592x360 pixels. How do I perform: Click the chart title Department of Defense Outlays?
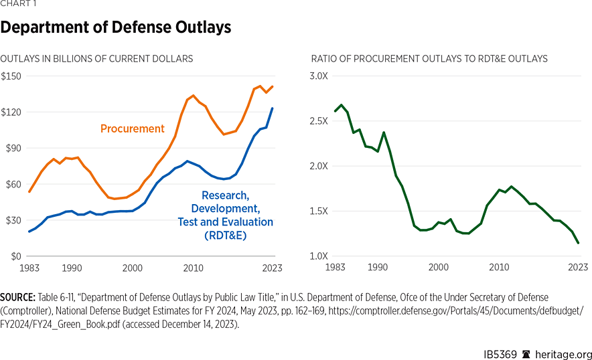point(116,27)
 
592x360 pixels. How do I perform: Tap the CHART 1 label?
point(17,4)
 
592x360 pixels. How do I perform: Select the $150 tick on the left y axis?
point(12,76)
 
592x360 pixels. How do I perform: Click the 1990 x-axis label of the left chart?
point(72,268)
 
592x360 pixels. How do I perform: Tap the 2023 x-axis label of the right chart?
point(578,268)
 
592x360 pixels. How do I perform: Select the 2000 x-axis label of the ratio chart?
point(438,268)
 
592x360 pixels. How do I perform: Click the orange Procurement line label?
point(132,128)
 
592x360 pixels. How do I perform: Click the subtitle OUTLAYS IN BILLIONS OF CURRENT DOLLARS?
point(96,59)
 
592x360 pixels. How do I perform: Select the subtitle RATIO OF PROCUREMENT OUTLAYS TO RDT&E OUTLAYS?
point(429,59)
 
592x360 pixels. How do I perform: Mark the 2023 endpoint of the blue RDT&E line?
point(273,108)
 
